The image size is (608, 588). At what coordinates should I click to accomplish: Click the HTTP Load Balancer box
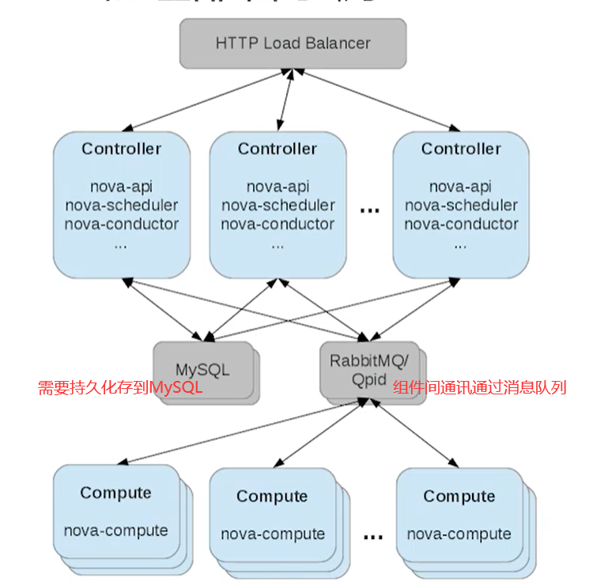(293, 43)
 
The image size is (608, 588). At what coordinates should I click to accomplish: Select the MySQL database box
(202, 370)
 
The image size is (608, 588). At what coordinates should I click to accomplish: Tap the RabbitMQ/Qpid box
(368, 369)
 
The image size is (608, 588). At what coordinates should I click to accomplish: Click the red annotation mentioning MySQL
(120, 388)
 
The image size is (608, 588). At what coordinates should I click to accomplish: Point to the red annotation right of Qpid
(479, 388)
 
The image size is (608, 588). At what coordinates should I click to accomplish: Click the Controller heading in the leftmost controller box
(121, 149)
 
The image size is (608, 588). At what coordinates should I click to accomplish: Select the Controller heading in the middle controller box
(277, 149)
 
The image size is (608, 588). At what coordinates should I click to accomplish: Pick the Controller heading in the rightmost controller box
(461, 149)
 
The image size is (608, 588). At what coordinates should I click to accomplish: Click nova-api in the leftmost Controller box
(121, 187)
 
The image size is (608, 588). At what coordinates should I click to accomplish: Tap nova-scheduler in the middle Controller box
(277, 205)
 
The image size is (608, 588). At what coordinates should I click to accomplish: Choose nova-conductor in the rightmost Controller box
(461, 224)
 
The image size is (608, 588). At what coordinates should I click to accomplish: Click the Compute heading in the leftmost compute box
(115, 493)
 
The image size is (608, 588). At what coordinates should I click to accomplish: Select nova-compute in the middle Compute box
(273, 534)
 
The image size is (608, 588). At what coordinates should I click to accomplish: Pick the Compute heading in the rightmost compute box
(459, 496)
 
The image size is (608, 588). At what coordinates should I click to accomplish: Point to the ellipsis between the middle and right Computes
(372, 537)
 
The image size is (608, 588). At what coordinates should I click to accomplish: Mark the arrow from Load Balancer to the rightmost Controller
(378, 100)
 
